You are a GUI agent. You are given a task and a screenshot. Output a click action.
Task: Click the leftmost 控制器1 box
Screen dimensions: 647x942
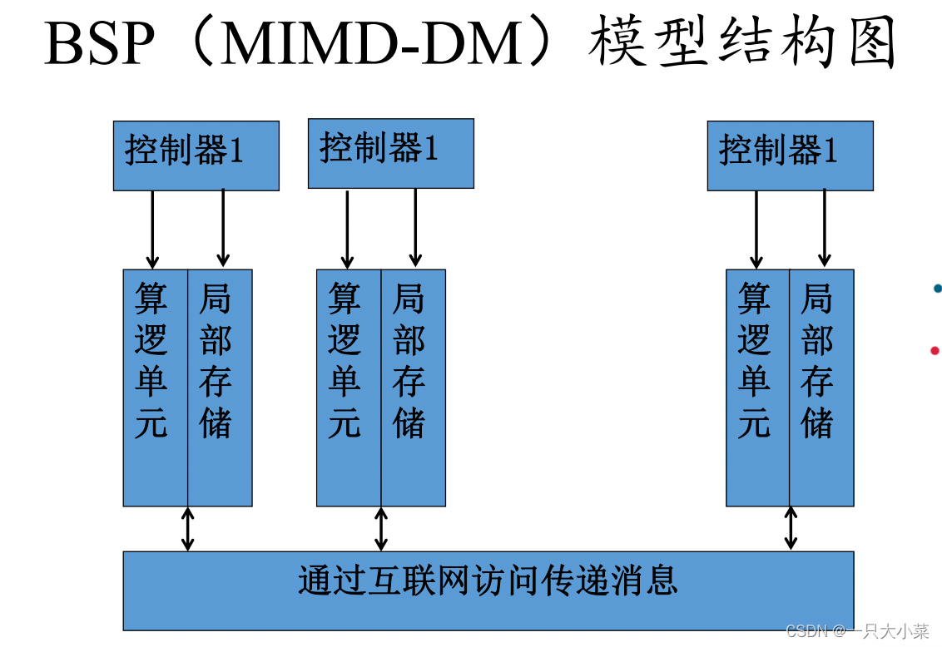(x=196, y=156)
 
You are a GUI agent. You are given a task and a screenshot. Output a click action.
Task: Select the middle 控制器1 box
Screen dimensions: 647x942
(x=390, y=153)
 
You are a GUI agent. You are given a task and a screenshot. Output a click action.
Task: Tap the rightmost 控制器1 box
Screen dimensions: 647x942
(x=790, y=156)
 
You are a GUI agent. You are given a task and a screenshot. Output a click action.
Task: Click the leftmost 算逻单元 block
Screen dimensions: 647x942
(x=155, y=388)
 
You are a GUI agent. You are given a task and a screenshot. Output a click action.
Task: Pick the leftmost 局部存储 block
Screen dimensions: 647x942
(x=220, y=388)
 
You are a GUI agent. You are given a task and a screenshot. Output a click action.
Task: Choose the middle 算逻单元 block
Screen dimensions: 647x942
(x=349, y=388)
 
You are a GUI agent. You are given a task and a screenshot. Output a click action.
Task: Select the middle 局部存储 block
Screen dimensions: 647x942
(x=414, y=388)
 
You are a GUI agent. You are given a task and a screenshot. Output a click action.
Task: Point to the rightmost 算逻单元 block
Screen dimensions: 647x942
(x=757, y=388)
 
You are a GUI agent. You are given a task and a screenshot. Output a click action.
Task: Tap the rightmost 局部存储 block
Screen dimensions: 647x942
(x=821, y=388)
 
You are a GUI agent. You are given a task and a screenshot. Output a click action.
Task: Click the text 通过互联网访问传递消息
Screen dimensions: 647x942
(x=488, y=580)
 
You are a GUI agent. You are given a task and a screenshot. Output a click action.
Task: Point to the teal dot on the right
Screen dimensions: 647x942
(x=938, y=289)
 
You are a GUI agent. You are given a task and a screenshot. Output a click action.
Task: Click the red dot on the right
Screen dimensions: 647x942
(x=935, y=350)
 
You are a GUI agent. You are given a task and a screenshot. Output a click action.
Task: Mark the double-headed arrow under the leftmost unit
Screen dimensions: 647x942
(x=188, y=529)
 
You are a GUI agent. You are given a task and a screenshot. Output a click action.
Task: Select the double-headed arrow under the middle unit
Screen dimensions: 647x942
(x=381, y=529)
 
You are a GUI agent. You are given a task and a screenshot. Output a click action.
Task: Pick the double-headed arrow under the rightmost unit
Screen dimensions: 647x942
(x=791, y=529)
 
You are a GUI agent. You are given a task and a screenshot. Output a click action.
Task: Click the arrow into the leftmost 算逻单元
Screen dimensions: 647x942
(x=152, y=230)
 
